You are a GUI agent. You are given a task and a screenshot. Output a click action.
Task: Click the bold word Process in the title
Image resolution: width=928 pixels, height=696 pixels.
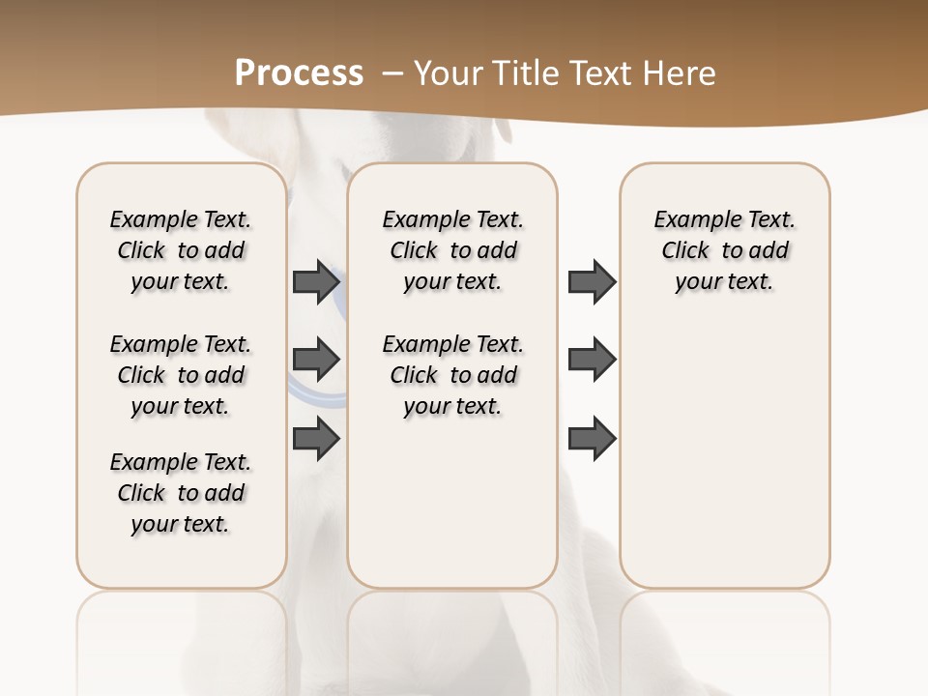pos(299,72)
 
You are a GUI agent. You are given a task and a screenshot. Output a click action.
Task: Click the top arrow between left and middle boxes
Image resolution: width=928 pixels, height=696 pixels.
pos(316,281)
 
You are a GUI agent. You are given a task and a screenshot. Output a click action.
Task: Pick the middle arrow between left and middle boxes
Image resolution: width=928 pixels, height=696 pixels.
pos(316,361)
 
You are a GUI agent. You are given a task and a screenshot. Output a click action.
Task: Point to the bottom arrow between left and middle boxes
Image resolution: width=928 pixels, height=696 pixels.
pos(316,438)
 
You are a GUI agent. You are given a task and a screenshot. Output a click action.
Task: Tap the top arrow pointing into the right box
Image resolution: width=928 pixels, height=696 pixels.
pos(592,281)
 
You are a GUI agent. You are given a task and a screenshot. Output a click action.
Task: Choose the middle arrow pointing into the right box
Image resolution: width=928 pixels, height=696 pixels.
pos(592,360)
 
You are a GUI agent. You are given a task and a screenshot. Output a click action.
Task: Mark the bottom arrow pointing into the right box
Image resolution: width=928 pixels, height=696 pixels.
pos(592,438)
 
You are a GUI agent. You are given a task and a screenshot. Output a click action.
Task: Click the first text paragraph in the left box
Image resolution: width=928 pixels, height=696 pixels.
pos(181,250)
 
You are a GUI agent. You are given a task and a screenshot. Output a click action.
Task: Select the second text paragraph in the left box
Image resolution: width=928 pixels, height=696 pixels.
pos(181,375)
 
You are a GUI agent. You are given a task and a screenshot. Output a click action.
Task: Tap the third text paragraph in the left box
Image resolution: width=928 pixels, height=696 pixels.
pos(181,493)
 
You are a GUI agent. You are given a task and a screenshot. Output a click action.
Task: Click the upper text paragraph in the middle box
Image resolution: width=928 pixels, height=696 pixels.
pos(452,250)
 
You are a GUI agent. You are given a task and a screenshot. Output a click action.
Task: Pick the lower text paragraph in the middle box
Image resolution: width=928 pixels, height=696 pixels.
pos(452,375)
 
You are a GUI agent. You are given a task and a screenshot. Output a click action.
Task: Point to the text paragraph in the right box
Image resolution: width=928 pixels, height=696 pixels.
pos(724,250)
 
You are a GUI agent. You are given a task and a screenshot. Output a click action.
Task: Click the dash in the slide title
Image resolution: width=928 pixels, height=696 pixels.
pos(391,73)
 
